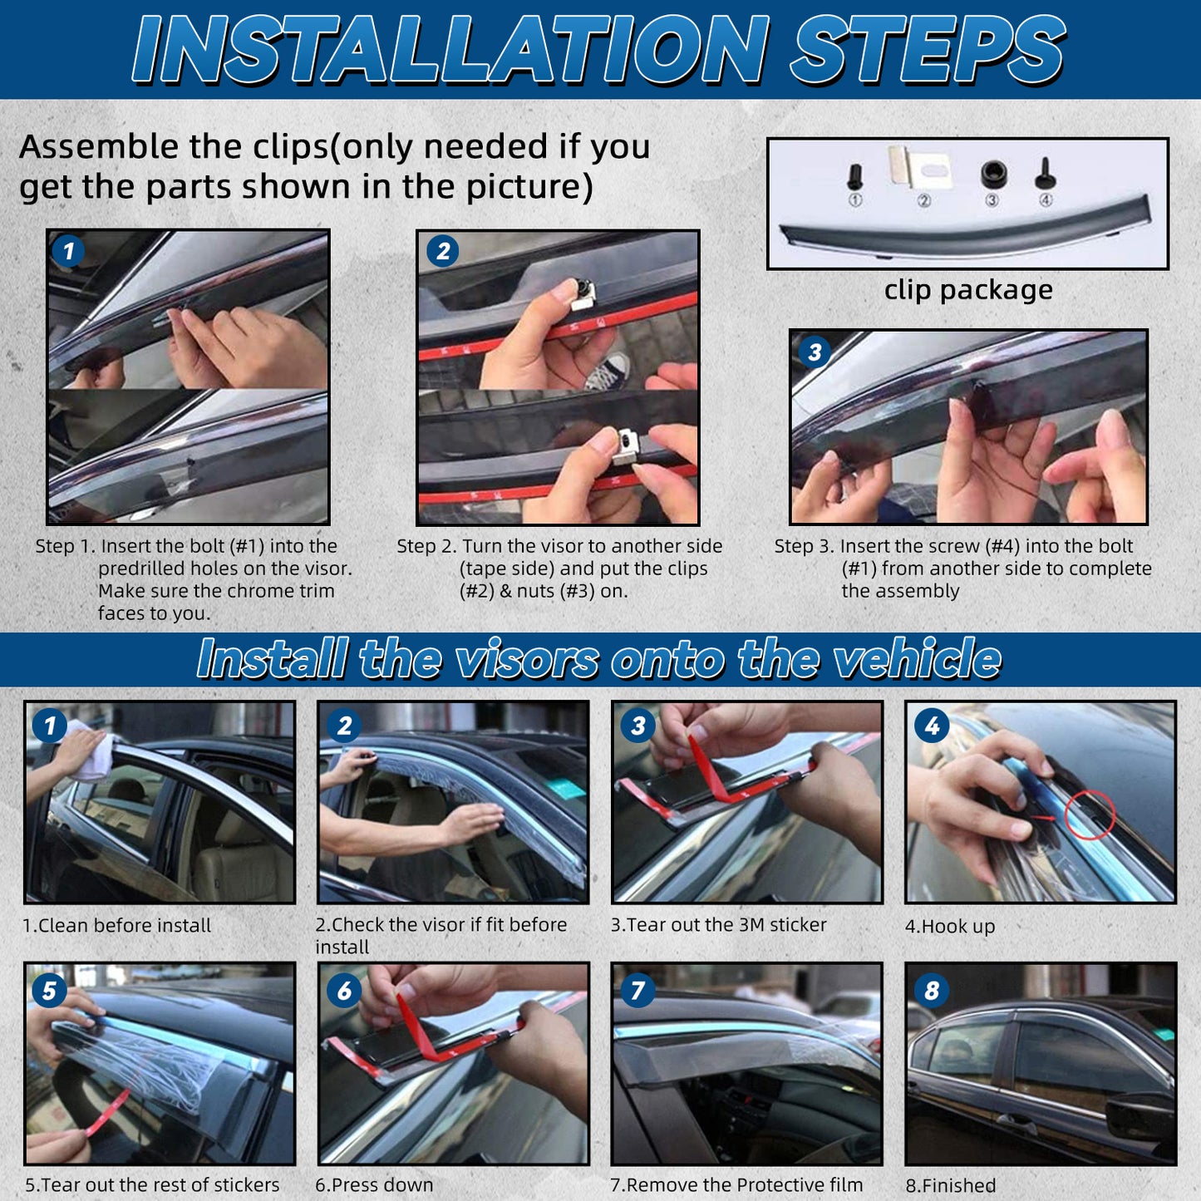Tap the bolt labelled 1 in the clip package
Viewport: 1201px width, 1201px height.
click(855, 177)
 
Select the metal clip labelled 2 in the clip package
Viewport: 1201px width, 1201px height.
click(921, 167)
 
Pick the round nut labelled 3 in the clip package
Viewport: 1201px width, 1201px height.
click(993, 174)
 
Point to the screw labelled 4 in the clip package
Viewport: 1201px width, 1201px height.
click(1046, 174)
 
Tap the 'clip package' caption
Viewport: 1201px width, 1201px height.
click(968, 290)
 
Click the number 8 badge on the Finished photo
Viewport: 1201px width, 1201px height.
click(931, 990)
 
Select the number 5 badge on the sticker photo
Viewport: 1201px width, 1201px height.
click(49, 991)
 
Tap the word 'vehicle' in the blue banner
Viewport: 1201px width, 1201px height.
click(918, 659)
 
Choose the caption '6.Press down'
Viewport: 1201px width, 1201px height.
click(374, 1185)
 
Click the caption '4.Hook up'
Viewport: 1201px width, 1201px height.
click(950, 926)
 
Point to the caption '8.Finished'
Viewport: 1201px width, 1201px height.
click(951, 1185)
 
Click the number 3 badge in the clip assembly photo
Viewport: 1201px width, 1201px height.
click(815, 352)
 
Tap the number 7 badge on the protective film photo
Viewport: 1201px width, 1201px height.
click(637, 990)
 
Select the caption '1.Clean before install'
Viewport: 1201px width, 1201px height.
click(116, 925)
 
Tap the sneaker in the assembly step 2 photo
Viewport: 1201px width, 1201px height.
click(607, 370)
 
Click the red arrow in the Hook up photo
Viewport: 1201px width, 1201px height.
click(1043, 817)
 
